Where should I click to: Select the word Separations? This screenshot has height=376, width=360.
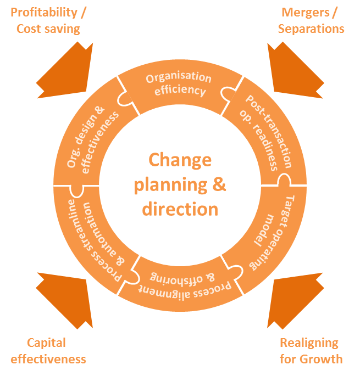tap(311, 29)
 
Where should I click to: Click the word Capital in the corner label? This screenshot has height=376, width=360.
tap(46, 343)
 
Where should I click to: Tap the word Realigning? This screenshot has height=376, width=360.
tap(309, 343)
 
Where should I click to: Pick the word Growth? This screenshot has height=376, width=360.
tap(322, 360)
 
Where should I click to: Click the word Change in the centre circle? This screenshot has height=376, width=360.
tap(180, 160)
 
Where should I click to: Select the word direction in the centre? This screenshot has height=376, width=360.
tap(180, 209)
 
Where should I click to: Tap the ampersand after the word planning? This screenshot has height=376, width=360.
tap(219, 184)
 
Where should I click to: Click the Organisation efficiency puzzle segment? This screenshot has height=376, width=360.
tap(180, 86)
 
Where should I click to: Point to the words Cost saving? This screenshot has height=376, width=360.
tap(48, 29)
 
